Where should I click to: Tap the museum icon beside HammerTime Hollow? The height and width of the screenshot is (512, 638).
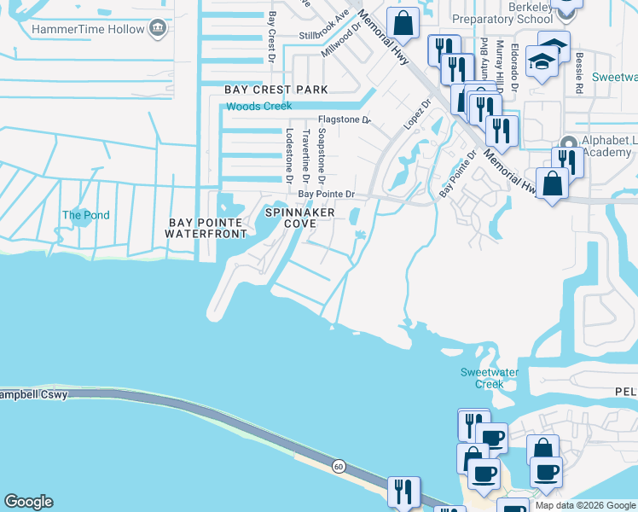pos(158,30)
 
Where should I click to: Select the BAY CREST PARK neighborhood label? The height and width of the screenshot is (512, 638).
pos(275,90)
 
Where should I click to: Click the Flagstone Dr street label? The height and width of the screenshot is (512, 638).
pos(345,120)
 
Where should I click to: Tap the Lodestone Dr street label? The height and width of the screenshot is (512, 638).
pos(290,153)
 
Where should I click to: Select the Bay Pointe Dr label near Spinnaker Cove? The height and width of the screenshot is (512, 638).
pos(326,195)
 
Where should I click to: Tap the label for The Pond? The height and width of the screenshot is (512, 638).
pos(86,215)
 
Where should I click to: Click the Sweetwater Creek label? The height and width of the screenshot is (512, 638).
pos(482,378)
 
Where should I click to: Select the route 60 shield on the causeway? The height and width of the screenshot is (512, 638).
pos(339,466)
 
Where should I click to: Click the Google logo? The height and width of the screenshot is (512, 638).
pos(27,502)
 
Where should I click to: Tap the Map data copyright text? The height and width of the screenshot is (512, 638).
pos(585,505)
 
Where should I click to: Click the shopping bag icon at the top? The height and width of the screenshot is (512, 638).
pos(403,22)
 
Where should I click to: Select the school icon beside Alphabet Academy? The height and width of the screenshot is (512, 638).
pos(570,143)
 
